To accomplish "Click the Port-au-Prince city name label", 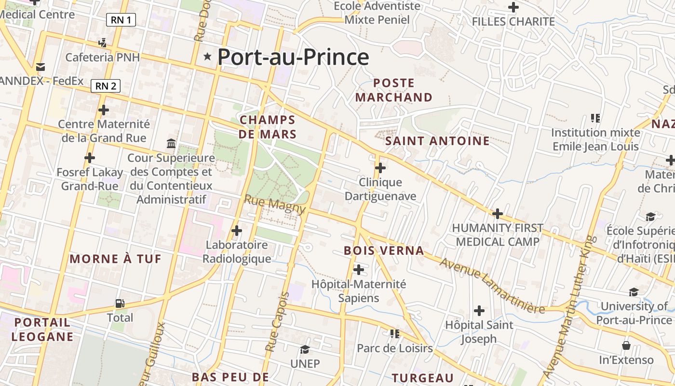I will pyautogui.click(x=293, y=57).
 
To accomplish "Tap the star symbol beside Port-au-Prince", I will pyautogui.click(x=208, y=56).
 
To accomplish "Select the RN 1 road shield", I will pyautogui.click(x=121, y=20).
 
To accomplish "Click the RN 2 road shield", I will pyautogui.click(x=106, y=86).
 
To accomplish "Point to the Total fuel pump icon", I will pyautogui.click(x=120, y=303).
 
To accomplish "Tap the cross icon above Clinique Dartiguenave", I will pyautogui.click(x=380, y=168).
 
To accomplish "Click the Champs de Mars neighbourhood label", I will pyautogui.click(x=268, y=127).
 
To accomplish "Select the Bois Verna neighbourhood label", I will pyautogui.click(x=384, y=250).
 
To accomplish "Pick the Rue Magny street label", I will pyautogui.click(x=275, y=205).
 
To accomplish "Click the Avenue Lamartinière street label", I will pyautogui.click(x=492, y=286).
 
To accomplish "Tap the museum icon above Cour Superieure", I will pyautogui.click(x=171, y=143).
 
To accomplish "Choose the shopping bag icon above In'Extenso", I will pyautogui.click(x=626, y=345).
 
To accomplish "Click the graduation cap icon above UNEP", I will pyautogui.click(x=305, y=349).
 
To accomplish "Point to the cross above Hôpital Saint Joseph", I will pyautogui.click(x=479, y=310).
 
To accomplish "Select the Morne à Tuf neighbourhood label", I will pyautogui.click(x=116, y=259).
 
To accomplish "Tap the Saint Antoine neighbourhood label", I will pyautogui.click(x=438, y=141).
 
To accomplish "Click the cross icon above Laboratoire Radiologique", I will pyautogui.click(x=237, y=231).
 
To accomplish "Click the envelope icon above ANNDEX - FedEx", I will pyautogui.click(x=40, y=67).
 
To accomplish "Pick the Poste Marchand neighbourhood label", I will pyautogui.click(x=394, y=90).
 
